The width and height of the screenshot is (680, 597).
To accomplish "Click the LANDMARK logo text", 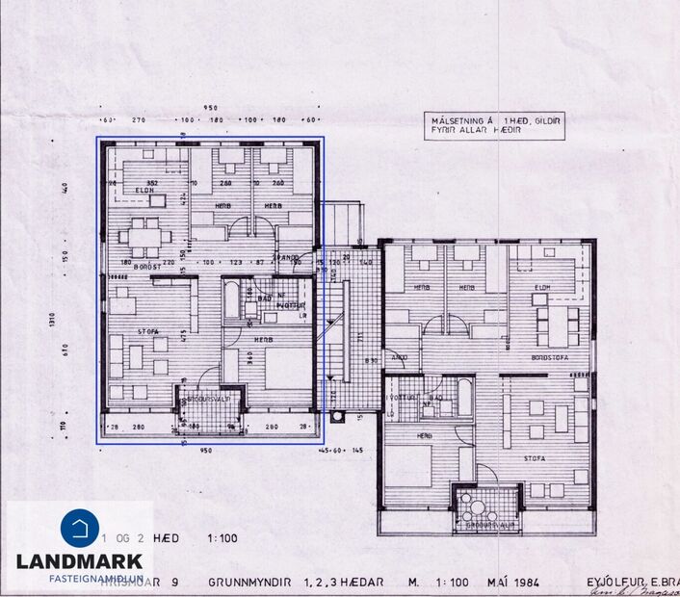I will tap(79, 560).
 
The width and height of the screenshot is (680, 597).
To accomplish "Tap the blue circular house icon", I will tap(79, 529).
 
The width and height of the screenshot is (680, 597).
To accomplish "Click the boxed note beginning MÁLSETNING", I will tap(495, 124).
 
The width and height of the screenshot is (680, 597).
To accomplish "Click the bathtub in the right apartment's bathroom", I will tap(464, 398).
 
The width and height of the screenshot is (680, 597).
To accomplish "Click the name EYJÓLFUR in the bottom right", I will tap(615, 583).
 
